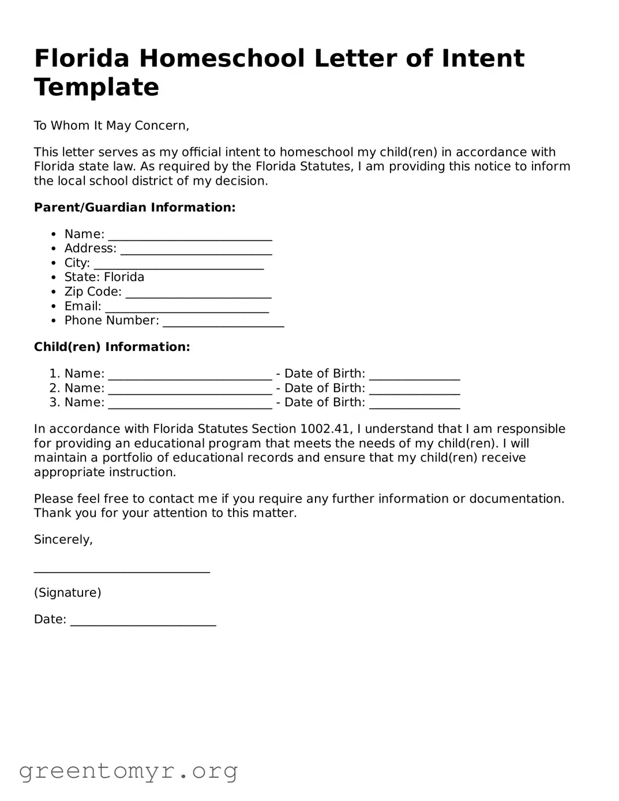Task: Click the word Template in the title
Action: (96, 87)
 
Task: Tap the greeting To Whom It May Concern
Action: (111, 126)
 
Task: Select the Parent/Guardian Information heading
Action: (134, 208)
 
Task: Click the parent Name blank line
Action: (190, 237)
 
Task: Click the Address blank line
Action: (196, 251)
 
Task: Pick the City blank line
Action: (178, 265)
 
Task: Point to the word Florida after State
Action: (124, 278)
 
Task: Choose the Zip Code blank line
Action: (198, 294)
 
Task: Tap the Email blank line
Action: (186, 309)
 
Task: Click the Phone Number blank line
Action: (223, 323)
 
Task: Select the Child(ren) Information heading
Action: (112, 347)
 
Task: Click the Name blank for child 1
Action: (190, 376)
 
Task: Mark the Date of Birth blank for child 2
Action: (414, 391)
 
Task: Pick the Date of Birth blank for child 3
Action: (414, 405)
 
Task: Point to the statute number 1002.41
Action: (325, 429)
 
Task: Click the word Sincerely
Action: (63, 540)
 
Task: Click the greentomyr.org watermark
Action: (128, 770)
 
